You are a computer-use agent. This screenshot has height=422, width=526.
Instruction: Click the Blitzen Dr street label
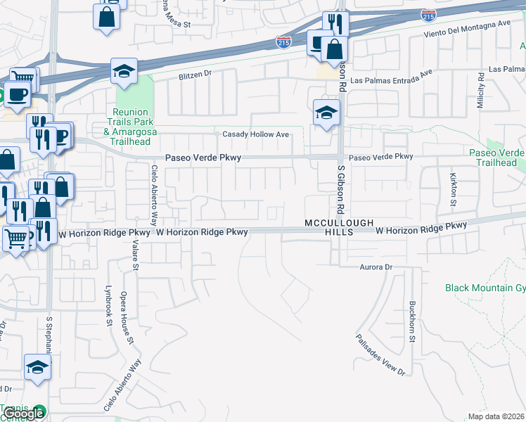[x=195, y=74]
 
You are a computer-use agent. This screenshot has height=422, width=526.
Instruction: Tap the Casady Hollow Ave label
[x=256, y=134]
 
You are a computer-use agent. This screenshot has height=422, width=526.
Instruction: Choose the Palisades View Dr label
[x=380, y=354]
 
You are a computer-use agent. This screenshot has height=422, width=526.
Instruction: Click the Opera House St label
[x=127, y=317]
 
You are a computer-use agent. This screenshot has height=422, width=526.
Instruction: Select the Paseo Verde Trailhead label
[x=496, y=158]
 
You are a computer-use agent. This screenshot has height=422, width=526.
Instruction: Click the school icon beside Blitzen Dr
[x=124, y=71]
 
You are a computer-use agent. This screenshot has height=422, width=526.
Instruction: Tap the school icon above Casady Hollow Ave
[x=326, y=113]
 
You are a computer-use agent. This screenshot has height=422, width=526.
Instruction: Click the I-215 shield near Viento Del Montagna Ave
[x=428, y=14]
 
